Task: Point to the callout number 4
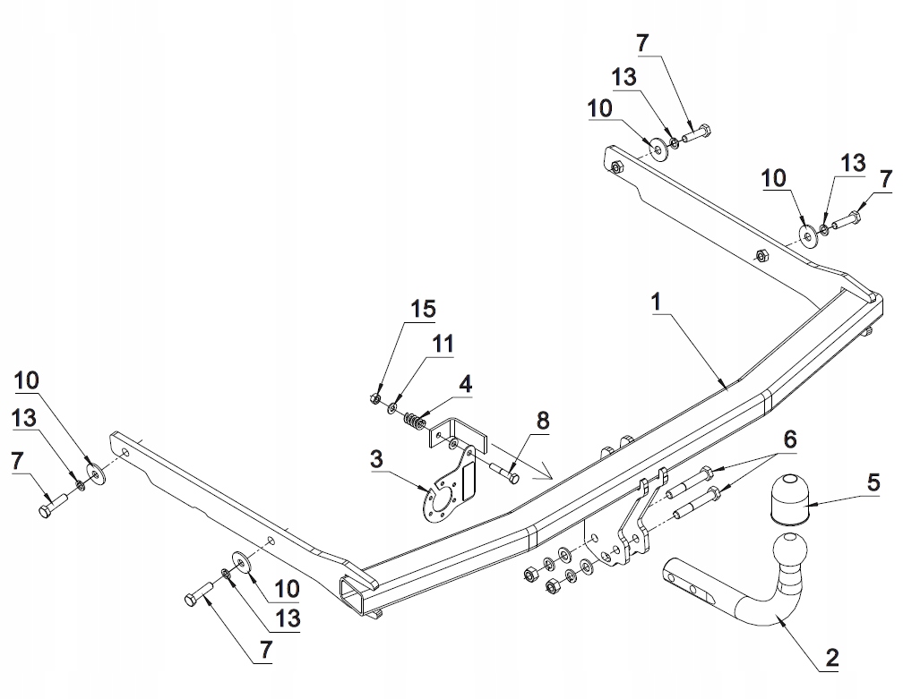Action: (x=463, y=384)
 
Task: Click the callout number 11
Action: (x=443, y=343)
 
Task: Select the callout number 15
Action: (x=424, y=310)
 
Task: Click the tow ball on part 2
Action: (x=792, y=551)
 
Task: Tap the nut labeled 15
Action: (x=376, y=397)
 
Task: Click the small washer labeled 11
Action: (x=394, y=408)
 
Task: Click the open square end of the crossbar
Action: (x=354, y=595)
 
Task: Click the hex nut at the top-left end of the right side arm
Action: (x=616, y=167)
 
